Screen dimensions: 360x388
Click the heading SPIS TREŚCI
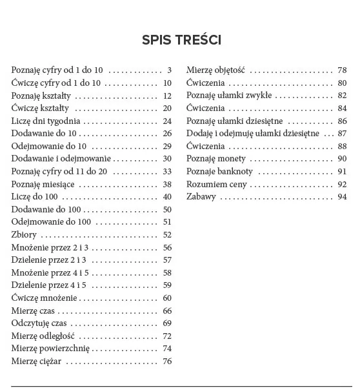tap(182, 40)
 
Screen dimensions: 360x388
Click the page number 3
tap(169, 70)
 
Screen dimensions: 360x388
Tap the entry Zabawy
tap(201, 196)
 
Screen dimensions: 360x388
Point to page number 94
tap(342, 196)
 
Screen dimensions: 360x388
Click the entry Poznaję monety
tap(212, 158)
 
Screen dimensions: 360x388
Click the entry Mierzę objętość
tap(217, 70)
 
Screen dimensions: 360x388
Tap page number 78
tap(342, 70)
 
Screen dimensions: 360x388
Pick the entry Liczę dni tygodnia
tap(46, 121)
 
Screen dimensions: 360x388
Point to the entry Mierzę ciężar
tap(36, 361)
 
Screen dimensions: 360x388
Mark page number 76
tap(167, 361)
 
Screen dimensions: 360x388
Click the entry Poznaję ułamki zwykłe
tap(229, 95)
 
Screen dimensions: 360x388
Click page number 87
tap(342, 133)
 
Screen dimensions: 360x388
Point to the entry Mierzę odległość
tap(43, 336)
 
